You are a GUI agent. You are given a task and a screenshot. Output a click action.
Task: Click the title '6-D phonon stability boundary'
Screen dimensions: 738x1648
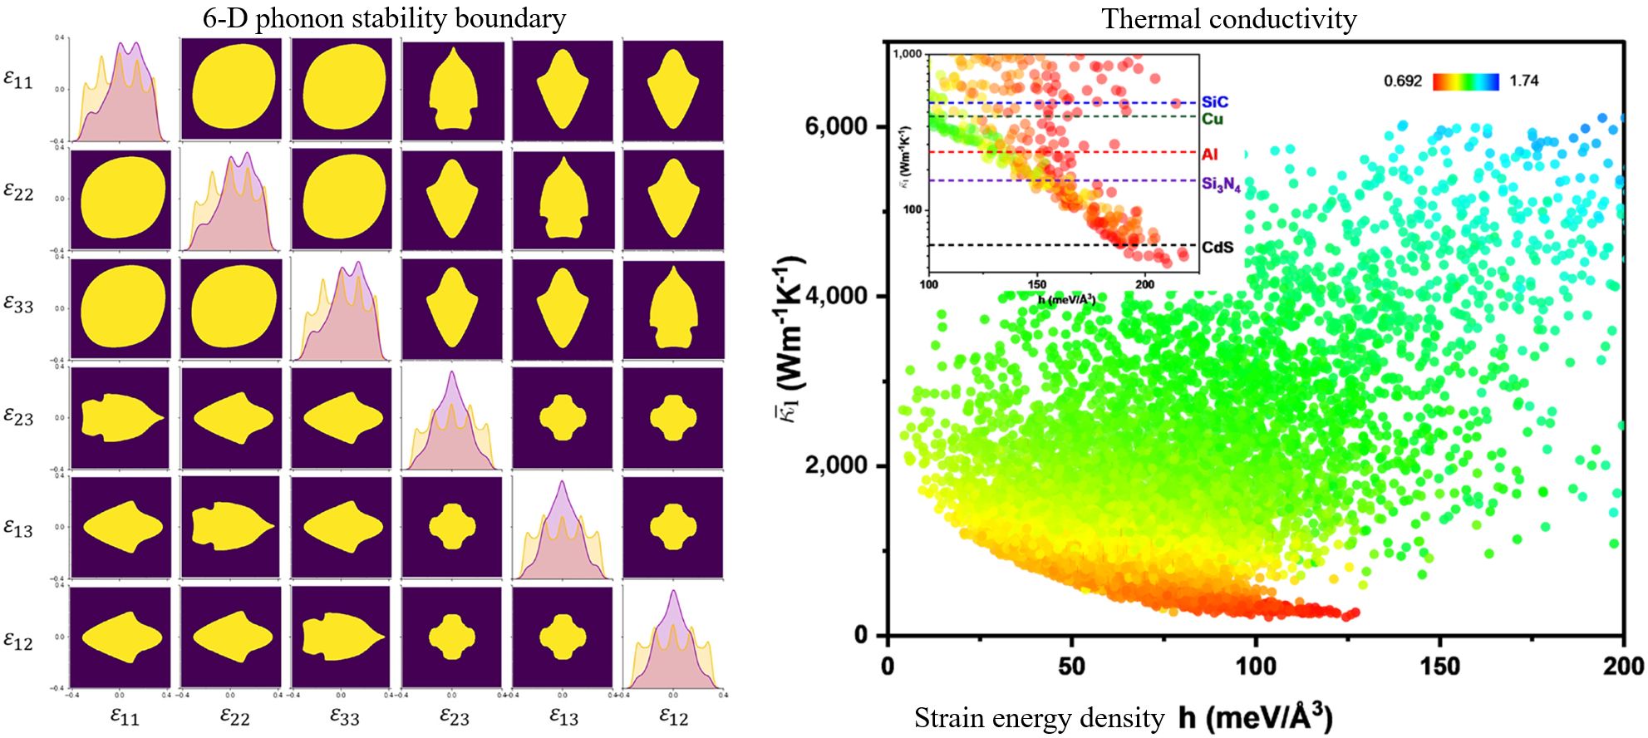tap(384, 18)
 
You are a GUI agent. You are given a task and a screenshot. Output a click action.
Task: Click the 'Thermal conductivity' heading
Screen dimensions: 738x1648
tap(1228, 18)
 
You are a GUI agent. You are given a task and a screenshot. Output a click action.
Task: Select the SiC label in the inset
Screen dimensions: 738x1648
tap(1214, 102)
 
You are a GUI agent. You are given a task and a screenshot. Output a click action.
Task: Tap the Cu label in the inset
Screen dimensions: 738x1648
tap(1213, 119)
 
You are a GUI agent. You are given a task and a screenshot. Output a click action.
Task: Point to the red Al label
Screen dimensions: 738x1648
tap(1209, 155)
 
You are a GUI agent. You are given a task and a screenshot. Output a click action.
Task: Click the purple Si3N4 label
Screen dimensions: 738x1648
tap(1221, 184)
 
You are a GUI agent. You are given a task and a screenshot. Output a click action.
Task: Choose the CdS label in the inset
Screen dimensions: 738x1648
tap(1218, 248)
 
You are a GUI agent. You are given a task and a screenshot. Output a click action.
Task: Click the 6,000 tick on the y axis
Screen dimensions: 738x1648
tap(835, 126)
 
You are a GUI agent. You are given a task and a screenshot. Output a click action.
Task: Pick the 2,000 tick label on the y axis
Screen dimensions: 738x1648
tap(835, 465)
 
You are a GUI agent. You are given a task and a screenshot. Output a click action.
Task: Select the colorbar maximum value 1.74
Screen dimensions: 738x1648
tap(1524, 81)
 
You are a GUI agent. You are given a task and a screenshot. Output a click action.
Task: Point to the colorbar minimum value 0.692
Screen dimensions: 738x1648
tap(1403, 81)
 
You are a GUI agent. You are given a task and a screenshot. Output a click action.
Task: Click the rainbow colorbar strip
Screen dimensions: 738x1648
tap(1465, 81)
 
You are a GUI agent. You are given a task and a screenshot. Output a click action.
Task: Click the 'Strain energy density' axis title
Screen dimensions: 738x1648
tap(1039, 718)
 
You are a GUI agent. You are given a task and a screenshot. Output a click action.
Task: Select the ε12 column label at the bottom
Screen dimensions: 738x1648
tap(673, 716)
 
